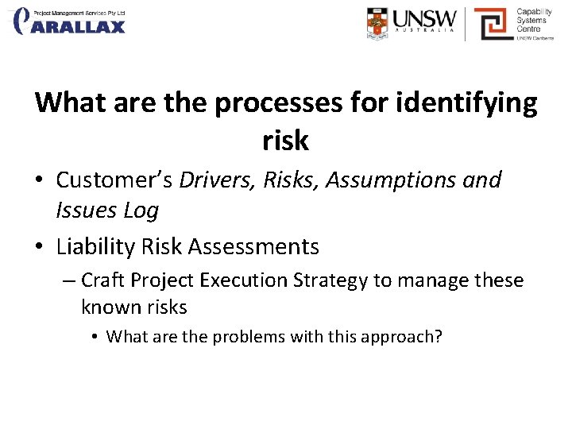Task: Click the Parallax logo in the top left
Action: click(69, 21)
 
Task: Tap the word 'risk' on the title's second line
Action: click(285, 141)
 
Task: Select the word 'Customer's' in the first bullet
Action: click(115, 180)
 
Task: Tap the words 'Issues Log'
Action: click(107, 211)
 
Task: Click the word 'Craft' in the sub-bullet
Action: click(102, 280)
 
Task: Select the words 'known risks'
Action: click(134, 307)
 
